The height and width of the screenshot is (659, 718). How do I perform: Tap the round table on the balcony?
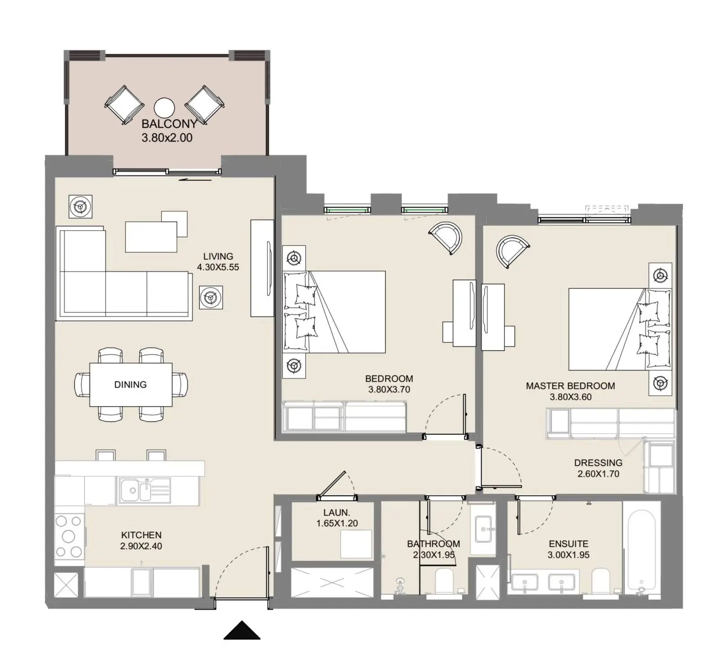coord(164,108)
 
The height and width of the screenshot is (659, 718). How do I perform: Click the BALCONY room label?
coord(169,124)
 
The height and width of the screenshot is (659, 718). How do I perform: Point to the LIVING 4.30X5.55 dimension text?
coord(218,267)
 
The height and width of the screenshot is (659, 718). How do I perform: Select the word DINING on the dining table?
coord(131,384)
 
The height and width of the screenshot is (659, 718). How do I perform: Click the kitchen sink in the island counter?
coord(144,490)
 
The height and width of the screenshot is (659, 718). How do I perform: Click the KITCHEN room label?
coord(141,535)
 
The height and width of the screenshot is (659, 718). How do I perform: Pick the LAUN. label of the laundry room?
coord(337,512)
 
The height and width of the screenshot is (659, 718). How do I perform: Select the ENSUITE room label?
coord(569,544)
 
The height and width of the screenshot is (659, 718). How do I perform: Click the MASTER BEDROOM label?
coord(570,386)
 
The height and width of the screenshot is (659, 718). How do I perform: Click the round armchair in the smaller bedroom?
coord(446,238)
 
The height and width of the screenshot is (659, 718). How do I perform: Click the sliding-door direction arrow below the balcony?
coord(195,180)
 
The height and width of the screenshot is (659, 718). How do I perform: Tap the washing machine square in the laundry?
coord(356,544)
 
